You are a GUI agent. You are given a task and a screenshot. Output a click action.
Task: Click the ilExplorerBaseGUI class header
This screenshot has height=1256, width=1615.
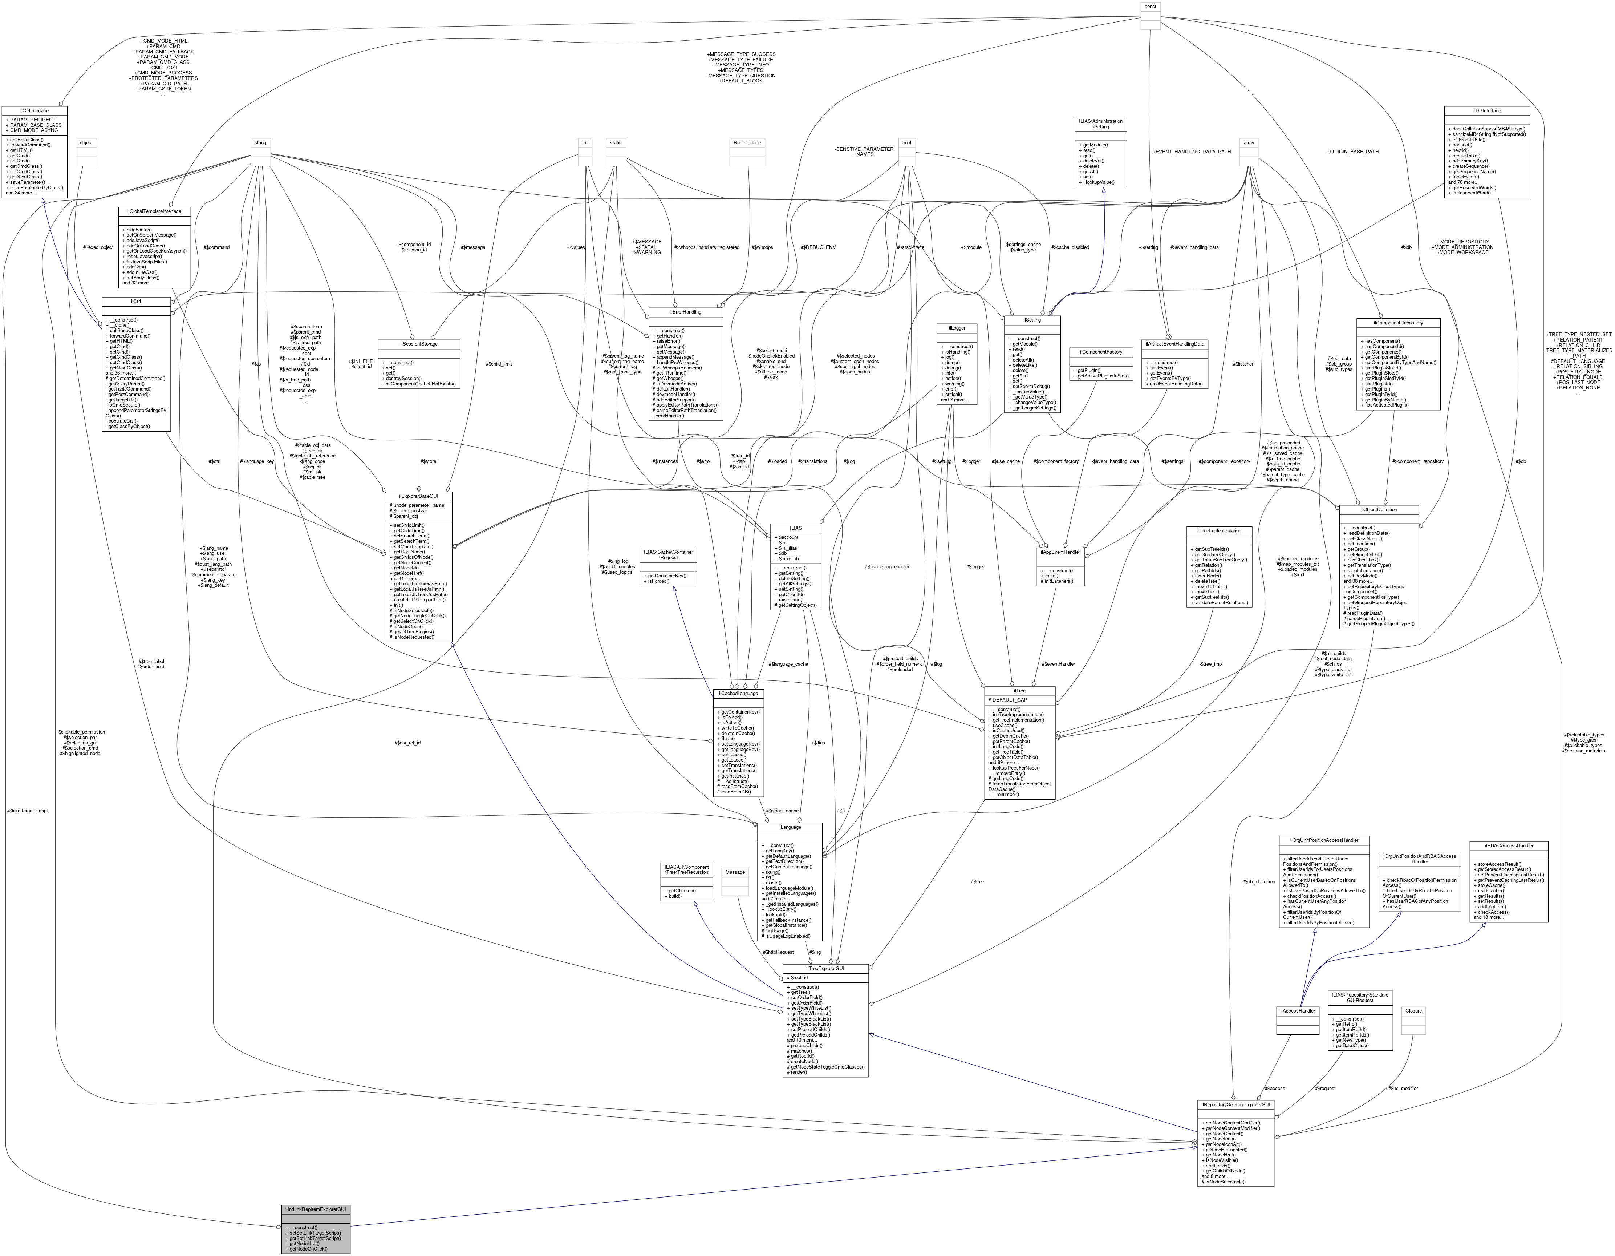tap(418, 496)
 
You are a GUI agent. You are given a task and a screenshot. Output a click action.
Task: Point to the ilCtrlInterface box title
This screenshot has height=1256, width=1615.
tap(34, 110)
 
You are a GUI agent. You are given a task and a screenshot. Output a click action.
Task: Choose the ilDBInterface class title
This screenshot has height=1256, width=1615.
tap(1486, 110)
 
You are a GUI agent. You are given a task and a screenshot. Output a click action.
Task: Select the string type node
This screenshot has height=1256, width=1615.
tap(260, 143)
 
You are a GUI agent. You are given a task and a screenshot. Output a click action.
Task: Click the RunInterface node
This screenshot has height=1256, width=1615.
tap(747, 143)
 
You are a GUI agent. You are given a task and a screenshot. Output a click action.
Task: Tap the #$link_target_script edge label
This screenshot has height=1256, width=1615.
tap(27, 811)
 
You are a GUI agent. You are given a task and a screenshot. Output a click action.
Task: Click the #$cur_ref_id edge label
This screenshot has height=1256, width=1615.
tap(408, 743)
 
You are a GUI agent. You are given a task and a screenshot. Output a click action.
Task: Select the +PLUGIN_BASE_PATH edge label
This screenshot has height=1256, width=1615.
tap(1352, 152)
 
